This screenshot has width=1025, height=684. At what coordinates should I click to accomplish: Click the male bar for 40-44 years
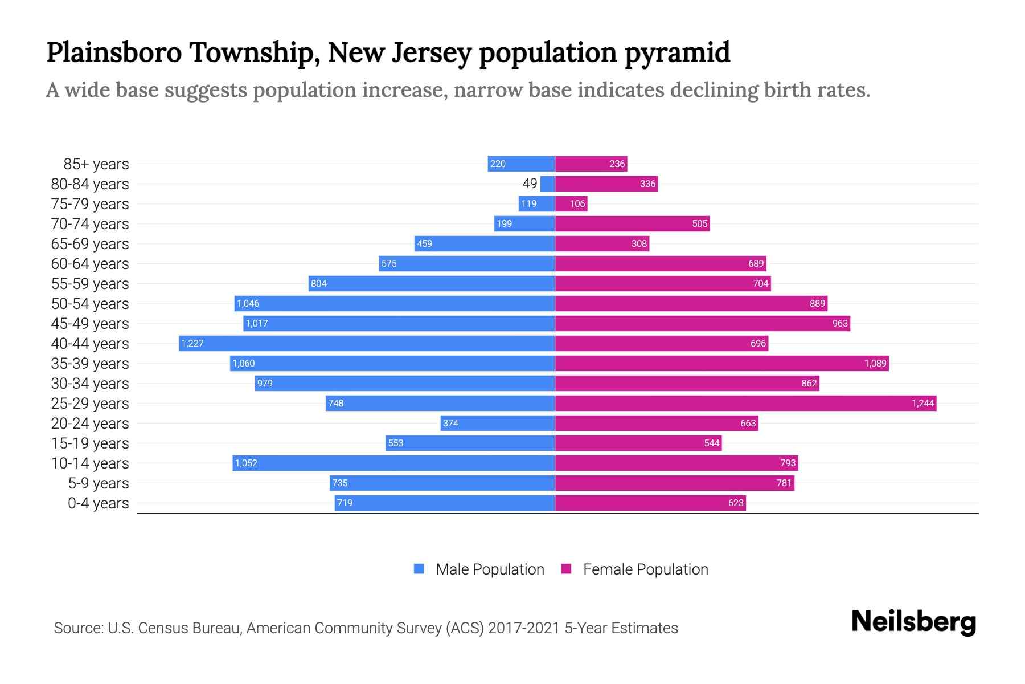[367, 343]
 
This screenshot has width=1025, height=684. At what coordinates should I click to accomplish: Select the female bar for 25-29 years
[745, 403]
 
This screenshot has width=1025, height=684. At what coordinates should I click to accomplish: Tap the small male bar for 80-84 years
[547, 184]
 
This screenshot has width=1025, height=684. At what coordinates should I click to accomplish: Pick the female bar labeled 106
[571, 203]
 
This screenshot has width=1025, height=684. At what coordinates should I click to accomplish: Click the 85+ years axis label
[96, 164]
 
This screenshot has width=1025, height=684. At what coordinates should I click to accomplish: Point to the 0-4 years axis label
[98, 503]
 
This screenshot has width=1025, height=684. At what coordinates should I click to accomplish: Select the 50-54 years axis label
[90, 304]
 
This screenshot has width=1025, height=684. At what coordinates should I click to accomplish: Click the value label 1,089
[875, 363]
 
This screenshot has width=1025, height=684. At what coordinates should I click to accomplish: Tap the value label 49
[530, 184]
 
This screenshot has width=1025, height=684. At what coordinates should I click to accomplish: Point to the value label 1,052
[246, 463]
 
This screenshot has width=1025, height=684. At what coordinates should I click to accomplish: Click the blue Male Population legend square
[419, 569]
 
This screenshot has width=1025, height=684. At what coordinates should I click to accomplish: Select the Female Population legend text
[645, 569]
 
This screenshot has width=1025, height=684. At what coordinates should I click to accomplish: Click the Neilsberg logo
[913, 622]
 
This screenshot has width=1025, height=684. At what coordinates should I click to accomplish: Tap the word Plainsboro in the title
[114, 52]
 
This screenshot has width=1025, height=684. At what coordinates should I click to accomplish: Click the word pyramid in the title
[677, 52]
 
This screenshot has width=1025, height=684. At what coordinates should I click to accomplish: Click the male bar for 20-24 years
[498, 423]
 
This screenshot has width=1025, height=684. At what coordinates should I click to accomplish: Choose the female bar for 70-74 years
[632, 223]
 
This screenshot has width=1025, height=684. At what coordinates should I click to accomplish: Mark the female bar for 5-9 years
[674, 483]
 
